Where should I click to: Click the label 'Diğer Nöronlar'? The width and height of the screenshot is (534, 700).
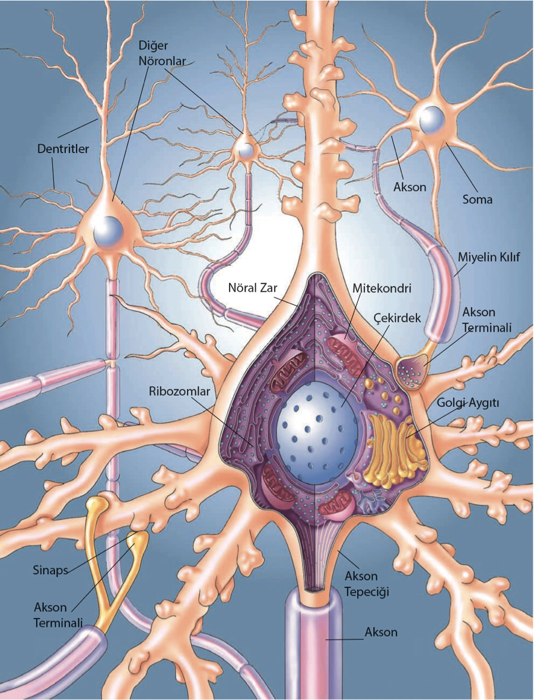point(161,53)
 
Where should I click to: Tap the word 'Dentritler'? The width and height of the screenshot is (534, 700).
point(63,149)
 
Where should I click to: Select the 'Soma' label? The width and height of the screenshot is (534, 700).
point(477,199)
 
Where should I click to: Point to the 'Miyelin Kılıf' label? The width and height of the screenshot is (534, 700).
point(489,257)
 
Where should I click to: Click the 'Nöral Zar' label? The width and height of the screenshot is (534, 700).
point(252,288)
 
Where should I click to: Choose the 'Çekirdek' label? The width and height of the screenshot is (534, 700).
point(397,319)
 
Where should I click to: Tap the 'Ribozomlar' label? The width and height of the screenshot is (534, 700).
point(180,392)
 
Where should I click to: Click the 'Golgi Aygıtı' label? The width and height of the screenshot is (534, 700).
point(467,403)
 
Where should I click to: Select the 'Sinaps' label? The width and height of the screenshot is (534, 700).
point(50,571)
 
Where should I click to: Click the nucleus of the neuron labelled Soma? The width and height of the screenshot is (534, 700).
point(430,117)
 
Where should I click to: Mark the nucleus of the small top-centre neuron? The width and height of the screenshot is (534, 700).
point(245,151)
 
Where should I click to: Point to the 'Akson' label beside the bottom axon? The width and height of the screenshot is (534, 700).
point(381,632)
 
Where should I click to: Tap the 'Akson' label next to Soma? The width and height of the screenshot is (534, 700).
point(409,187)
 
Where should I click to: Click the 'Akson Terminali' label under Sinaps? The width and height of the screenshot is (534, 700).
point(58,615)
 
